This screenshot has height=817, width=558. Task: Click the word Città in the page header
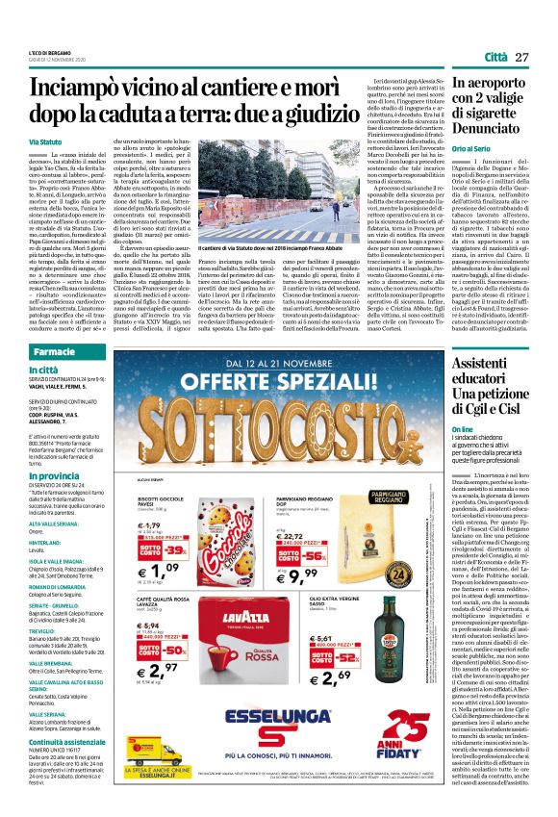click(x=495, y=58)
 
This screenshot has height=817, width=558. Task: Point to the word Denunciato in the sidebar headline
click(x=494, y=126)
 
